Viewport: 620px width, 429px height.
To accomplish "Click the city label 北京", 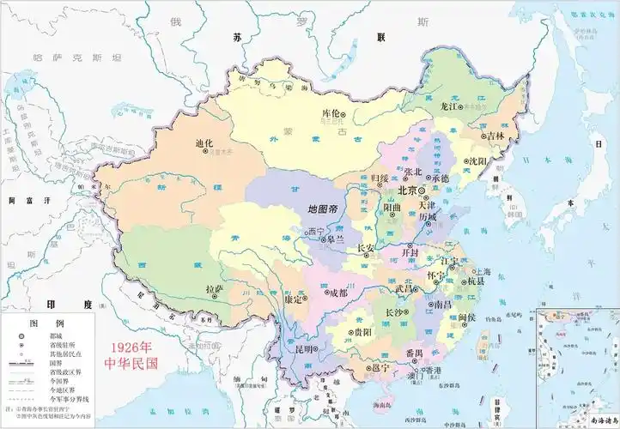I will point(407,190).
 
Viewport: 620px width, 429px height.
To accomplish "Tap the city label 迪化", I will point(204,143).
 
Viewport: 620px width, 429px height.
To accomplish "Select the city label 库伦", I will point(330,113).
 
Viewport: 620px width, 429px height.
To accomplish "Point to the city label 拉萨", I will point(214,291).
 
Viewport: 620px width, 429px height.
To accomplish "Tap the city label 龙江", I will point(450,106).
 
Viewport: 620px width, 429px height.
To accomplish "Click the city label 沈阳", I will point(477,160).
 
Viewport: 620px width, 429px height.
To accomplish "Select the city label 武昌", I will point(405,289).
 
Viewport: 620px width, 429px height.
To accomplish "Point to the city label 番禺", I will point(414,353).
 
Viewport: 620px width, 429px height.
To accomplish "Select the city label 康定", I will point(293,300).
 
